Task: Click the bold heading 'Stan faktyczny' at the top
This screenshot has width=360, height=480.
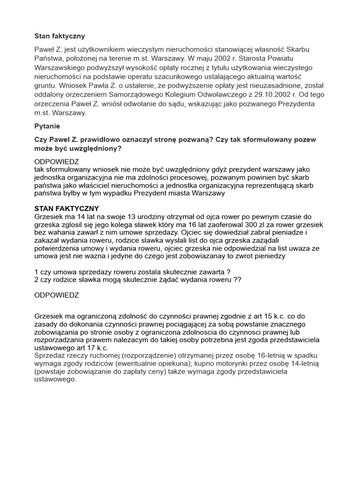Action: click(x=60, y=36)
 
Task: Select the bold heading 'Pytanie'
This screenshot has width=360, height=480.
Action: click(x=47, y=126)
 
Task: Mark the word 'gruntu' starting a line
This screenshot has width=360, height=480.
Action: click(x=46, y=86)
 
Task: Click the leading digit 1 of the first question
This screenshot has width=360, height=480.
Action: click(x=37, y=271)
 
